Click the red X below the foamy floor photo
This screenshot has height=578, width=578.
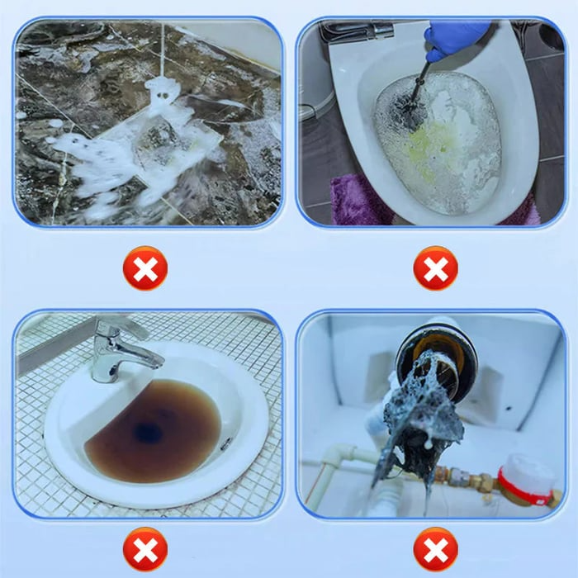point(144,268)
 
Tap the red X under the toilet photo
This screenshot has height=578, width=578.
point(435,268)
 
